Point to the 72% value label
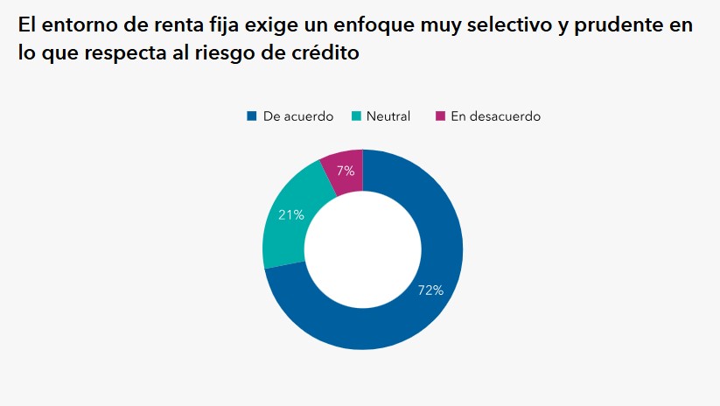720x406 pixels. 430,290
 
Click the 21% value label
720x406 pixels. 291,214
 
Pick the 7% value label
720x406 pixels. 346,171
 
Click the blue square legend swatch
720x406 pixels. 252,115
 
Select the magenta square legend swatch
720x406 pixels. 440,115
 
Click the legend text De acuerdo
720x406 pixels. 297,116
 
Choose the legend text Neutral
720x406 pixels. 388,116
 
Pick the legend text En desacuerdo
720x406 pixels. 495,116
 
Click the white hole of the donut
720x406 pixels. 362,250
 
